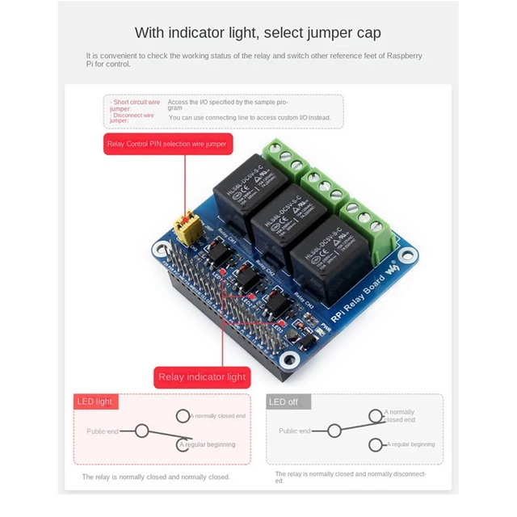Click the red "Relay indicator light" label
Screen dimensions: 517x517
click(202, 377)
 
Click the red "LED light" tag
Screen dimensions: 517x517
click(95, 401)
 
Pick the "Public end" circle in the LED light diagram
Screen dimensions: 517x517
click(141, 431)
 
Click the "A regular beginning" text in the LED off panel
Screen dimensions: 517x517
click(412, 444)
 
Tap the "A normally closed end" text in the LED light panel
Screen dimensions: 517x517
click(218, 416)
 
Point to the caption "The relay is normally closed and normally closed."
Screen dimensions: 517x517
click(156, 477)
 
